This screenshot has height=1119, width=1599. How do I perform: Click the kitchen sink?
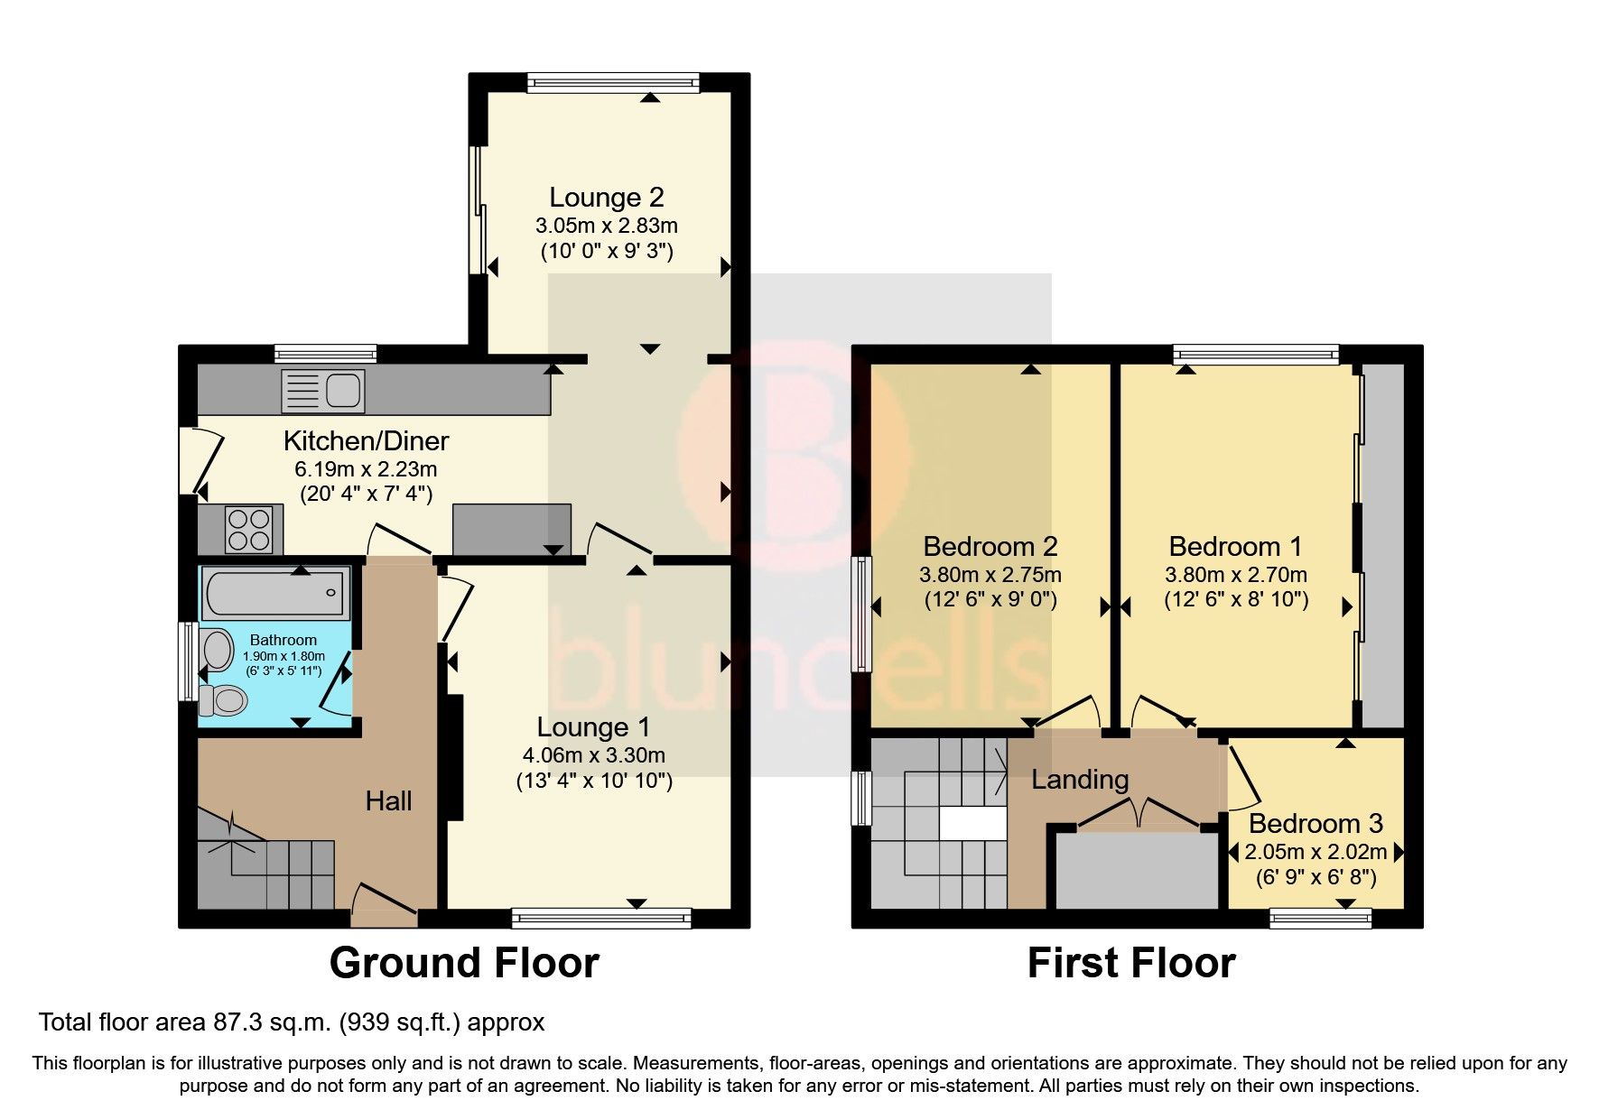(322, 391)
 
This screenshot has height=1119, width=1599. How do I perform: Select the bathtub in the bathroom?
(274, 593)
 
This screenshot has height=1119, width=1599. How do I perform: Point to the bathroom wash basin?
(218, 649)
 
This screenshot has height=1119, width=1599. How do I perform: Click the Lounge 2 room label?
(607, 197)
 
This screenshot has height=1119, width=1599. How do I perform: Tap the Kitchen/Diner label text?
(366, 441)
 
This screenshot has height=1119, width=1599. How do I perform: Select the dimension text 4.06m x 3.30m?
(593, 755)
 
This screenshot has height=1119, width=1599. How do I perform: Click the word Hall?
(388, 800)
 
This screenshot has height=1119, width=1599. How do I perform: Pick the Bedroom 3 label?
(1315, 824)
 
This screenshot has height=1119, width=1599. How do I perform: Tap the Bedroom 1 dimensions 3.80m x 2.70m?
(1235, 575)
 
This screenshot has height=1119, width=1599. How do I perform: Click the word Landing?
(1080, 779)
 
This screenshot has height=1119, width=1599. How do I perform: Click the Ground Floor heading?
(464, 963)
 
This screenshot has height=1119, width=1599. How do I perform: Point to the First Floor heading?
(1130, 963)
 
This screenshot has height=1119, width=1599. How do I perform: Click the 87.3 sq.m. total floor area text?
(292, 1022)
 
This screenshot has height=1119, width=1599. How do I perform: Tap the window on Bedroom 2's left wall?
(864, 614)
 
